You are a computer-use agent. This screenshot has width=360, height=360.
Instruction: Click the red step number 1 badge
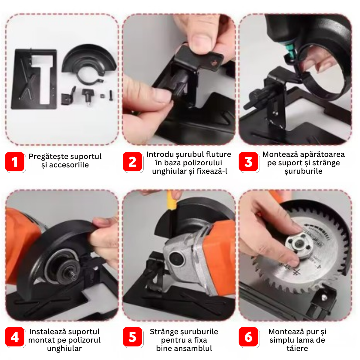coord(15,162)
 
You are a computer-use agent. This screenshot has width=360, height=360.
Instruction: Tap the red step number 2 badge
coord(132,162)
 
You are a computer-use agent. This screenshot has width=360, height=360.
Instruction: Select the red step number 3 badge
coord(248,162)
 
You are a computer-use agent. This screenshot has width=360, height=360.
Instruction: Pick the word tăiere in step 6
coord(297,348)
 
